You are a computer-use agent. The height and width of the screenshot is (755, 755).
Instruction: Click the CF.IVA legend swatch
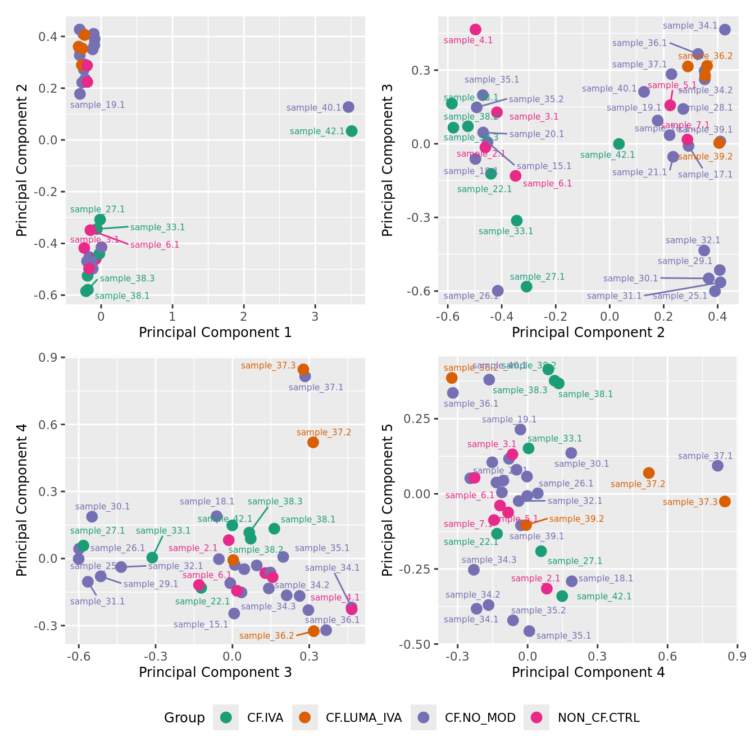(226, 717)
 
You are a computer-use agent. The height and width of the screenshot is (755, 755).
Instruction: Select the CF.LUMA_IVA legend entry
(363, 717)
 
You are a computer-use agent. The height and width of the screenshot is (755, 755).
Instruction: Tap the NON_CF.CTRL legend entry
(598, 717)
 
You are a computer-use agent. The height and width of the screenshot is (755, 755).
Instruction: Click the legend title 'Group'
(184, 717)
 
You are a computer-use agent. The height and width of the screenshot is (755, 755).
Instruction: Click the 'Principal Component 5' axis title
(387, 499)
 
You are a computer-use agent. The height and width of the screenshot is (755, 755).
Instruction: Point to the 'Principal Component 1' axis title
(215, 333)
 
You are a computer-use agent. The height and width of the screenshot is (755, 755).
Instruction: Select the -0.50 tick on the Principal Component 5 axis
(415, 644)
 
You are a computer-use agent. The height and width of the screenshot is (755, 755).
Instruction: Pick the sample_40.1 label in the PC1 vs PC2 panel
(313, 108)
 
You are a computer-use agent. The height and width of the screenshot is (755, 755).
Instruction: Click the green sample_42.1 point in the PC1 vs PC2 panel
(352, 131)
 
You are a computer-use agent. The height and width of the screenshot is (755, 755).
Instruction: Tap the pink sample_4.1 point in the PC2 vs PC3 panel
(476, 29)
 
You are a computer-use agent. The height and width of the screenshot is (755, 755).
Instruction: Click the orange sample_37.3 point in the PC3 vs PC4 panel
(303, 369)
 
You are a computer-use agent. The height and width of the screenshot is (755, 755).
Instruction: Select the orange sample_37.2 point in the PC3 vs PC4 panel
(313, 442)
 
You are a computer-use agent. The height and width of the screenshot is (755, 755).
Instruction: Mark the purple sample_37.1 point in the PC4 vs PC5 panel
(717, 466)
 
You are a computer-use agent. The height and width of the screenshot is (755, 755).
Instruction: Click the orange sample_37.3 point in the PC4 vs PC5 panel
(725, 501)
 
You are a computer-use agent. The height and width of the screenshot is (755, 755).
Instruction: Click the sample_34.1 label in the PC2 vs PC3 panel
(690, 26)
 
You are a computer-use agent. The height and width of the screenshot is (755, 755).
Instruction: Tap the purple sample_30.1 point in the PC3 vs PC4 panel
(92, 517)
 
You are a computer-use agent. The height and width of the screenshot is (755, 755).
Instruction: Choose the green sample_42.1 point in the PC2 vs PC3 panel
(618, 144)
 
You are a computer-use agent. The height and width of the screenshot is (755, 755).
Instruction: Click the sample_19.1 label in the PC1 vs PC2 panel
(97, 105)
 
